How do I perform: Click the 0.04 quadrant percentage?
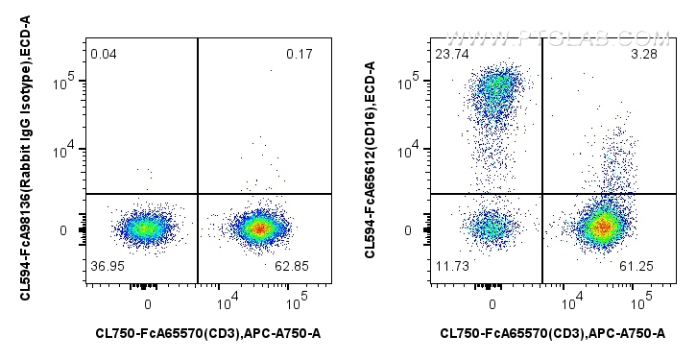[104, 54]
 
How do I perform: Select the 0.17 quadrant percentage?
[300, 54]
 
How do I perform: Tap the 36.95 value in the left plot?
[108, 265]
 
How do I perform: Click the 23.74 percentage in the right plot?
[451, 54]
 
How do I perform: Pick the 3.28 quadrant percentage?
[644, 54]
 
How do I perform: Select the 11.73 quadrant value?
[452, 265]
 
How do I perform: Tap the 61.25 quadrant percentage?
[644, 265]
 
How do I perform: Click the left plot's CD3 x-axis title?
[208, 334]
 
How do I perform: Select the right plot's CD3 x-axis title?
[553, 334]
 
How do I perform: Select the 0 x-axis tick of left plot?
[147, 304]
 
